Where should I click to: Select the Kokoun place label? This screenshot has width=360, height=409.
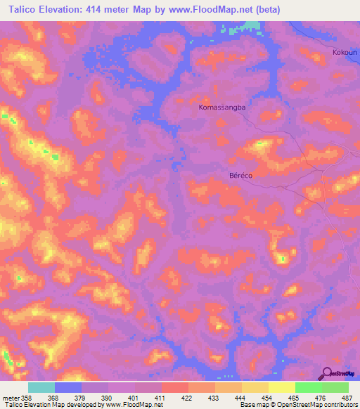[345, 53]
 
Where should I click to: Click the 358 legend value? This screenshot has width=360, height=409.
[27, 397]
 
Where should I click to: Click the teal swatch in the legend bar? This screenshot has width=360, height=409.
[41, 387]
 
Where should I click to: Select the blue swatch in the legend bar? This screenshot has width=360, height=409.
[68, 387]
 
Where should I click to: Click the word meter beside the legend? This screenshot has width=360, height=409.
[10, 397]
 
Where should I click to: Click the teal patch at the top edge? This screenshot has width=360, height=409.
[250, 26]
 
